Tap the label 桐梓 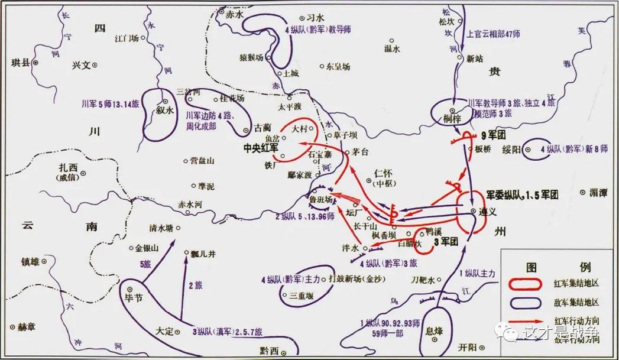(x=451, y=119)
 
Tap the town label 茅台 (x=359, y=151)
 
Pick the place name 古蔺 (x=262, y=127)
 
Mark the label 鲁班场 (x=320, y=200)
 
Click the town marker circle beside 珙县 (x=35, y=62)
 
